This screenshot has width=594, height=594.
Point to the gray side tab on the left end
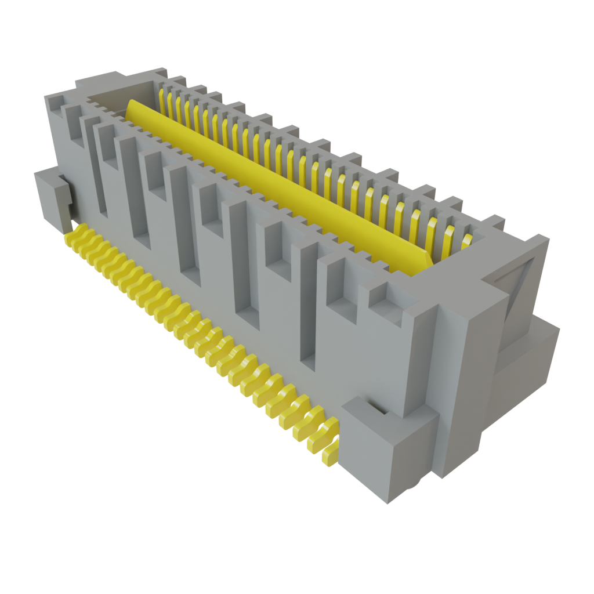pos(52,197)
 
